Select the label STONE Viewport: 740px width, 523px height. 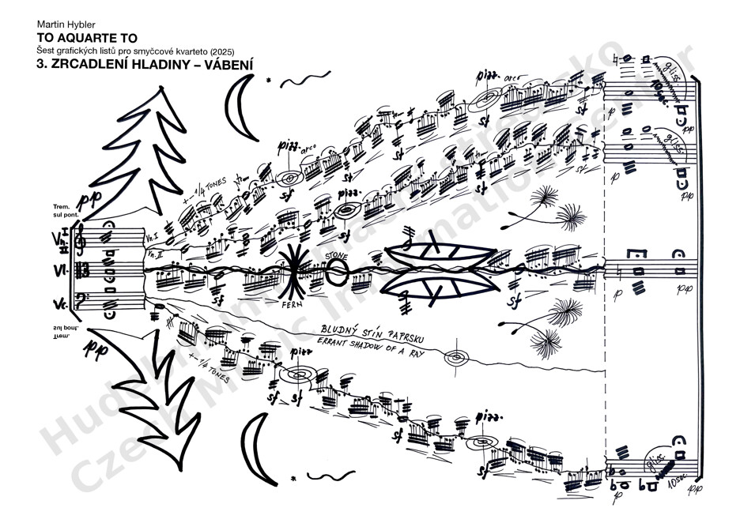(x=335, y=255)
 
